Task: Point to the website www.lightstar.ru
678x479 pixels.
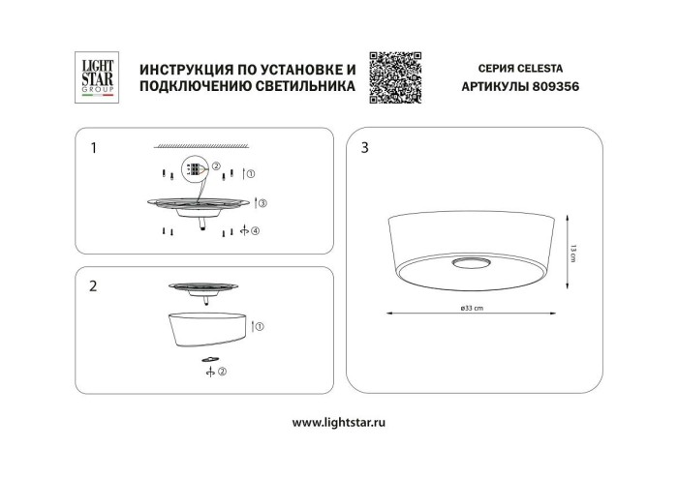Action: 339,422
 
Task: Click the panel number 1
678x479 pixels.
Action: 93,148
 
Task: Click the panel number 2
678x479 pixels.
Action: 93,285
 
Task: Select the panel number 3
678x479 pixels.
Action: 364,148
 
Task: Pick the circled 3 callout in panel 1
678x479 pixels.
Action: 262,204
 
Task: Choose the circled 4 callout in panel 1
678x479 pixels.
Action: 256,232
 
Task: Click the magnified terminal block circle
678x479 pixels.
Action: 196,170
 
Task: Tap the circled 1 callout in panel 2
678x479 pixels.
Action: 260,327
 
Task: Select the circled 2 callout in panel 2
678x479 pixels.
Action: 222,371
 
